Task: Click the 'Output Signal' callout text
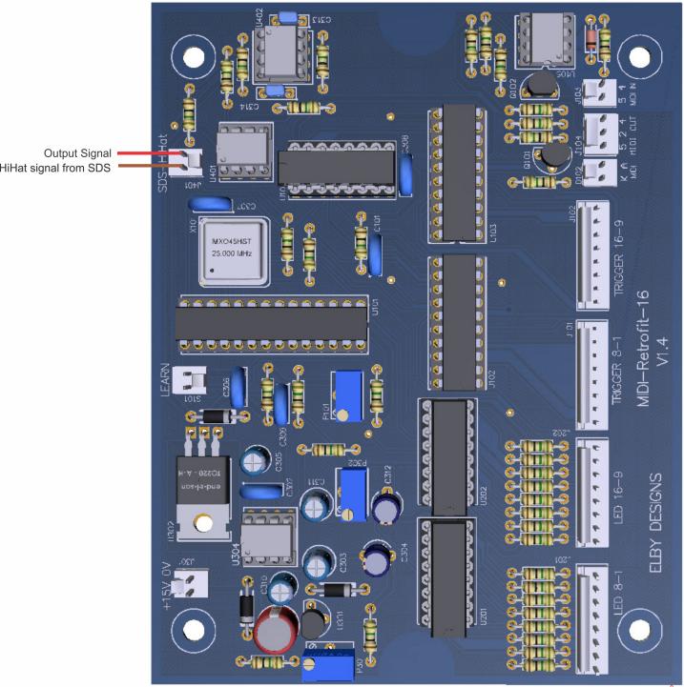pyautogui.click(x=78, y=152)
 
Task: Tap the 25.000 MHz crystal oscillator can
pyautogui.click(x=232, y=253)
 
